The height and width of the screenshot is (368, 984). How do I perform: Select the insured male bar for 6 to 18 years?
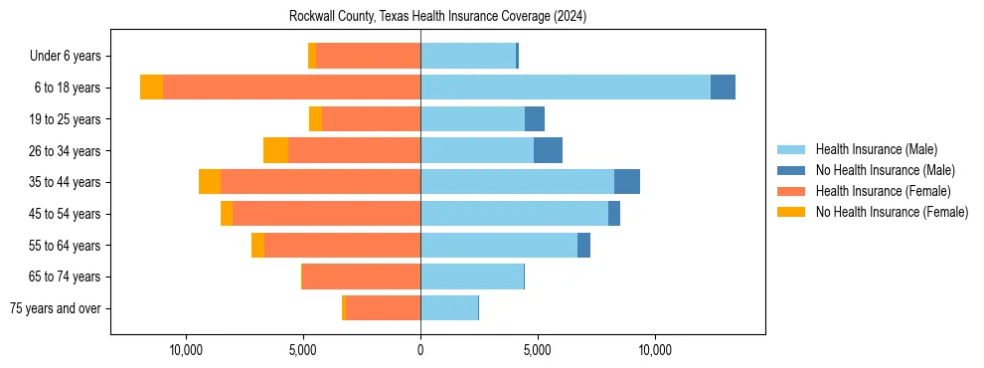tap(565, 88)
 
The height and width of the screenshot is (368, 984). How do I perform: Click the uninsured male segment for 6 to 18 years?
tap(723, 88)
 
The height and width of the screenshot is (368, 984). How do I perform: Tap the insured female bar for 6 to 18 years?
tap(291, 88)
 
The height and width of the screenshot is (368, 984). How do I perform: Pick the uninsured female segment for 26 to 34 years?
tap(275, 150)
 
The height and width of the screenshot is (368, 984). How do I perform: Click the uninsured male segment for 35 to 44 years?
tap(626, 182)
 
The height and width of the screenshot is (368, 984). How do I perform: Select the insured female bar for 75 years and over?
tap(383, 308)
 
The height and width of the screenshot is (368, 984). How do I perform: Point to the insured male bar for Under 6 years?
tap(468, 56)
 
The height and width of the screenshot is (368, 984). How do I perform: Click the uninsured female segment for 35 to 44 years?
tap(210, 182)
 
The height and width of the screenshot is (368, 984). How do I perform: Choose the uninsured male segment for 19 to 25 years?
tap(535, 119)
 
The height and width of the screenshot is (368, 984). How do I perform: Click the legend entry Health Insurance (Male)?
tap(876, 150)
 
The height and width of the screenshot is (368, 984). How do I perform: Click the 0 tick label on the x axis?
tap(420, 350)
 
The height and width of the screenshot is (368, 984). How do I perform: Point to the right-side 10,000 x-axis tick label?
tap(655, 350)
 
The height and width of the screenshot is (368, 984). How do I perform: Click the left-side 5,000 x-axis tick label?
tap(303, 350)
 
